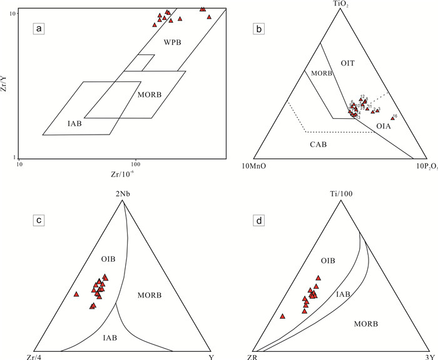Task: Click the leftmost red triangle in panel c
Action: [76, 294]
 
